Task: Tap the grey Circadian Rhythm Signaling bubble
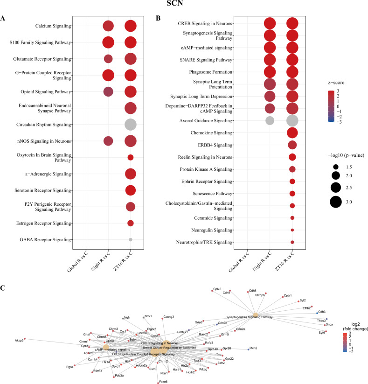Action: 131,125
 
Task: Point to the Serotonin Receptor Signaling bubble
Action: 131,190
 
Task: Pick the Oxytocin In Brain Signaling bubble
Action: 131,157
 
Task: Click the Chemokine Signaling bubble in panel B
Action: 292,133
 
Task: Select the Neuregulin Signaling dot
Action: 292,230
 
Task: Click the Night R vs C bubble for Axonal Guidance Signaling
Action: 269,120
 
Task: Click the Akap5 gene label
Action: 19,341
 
